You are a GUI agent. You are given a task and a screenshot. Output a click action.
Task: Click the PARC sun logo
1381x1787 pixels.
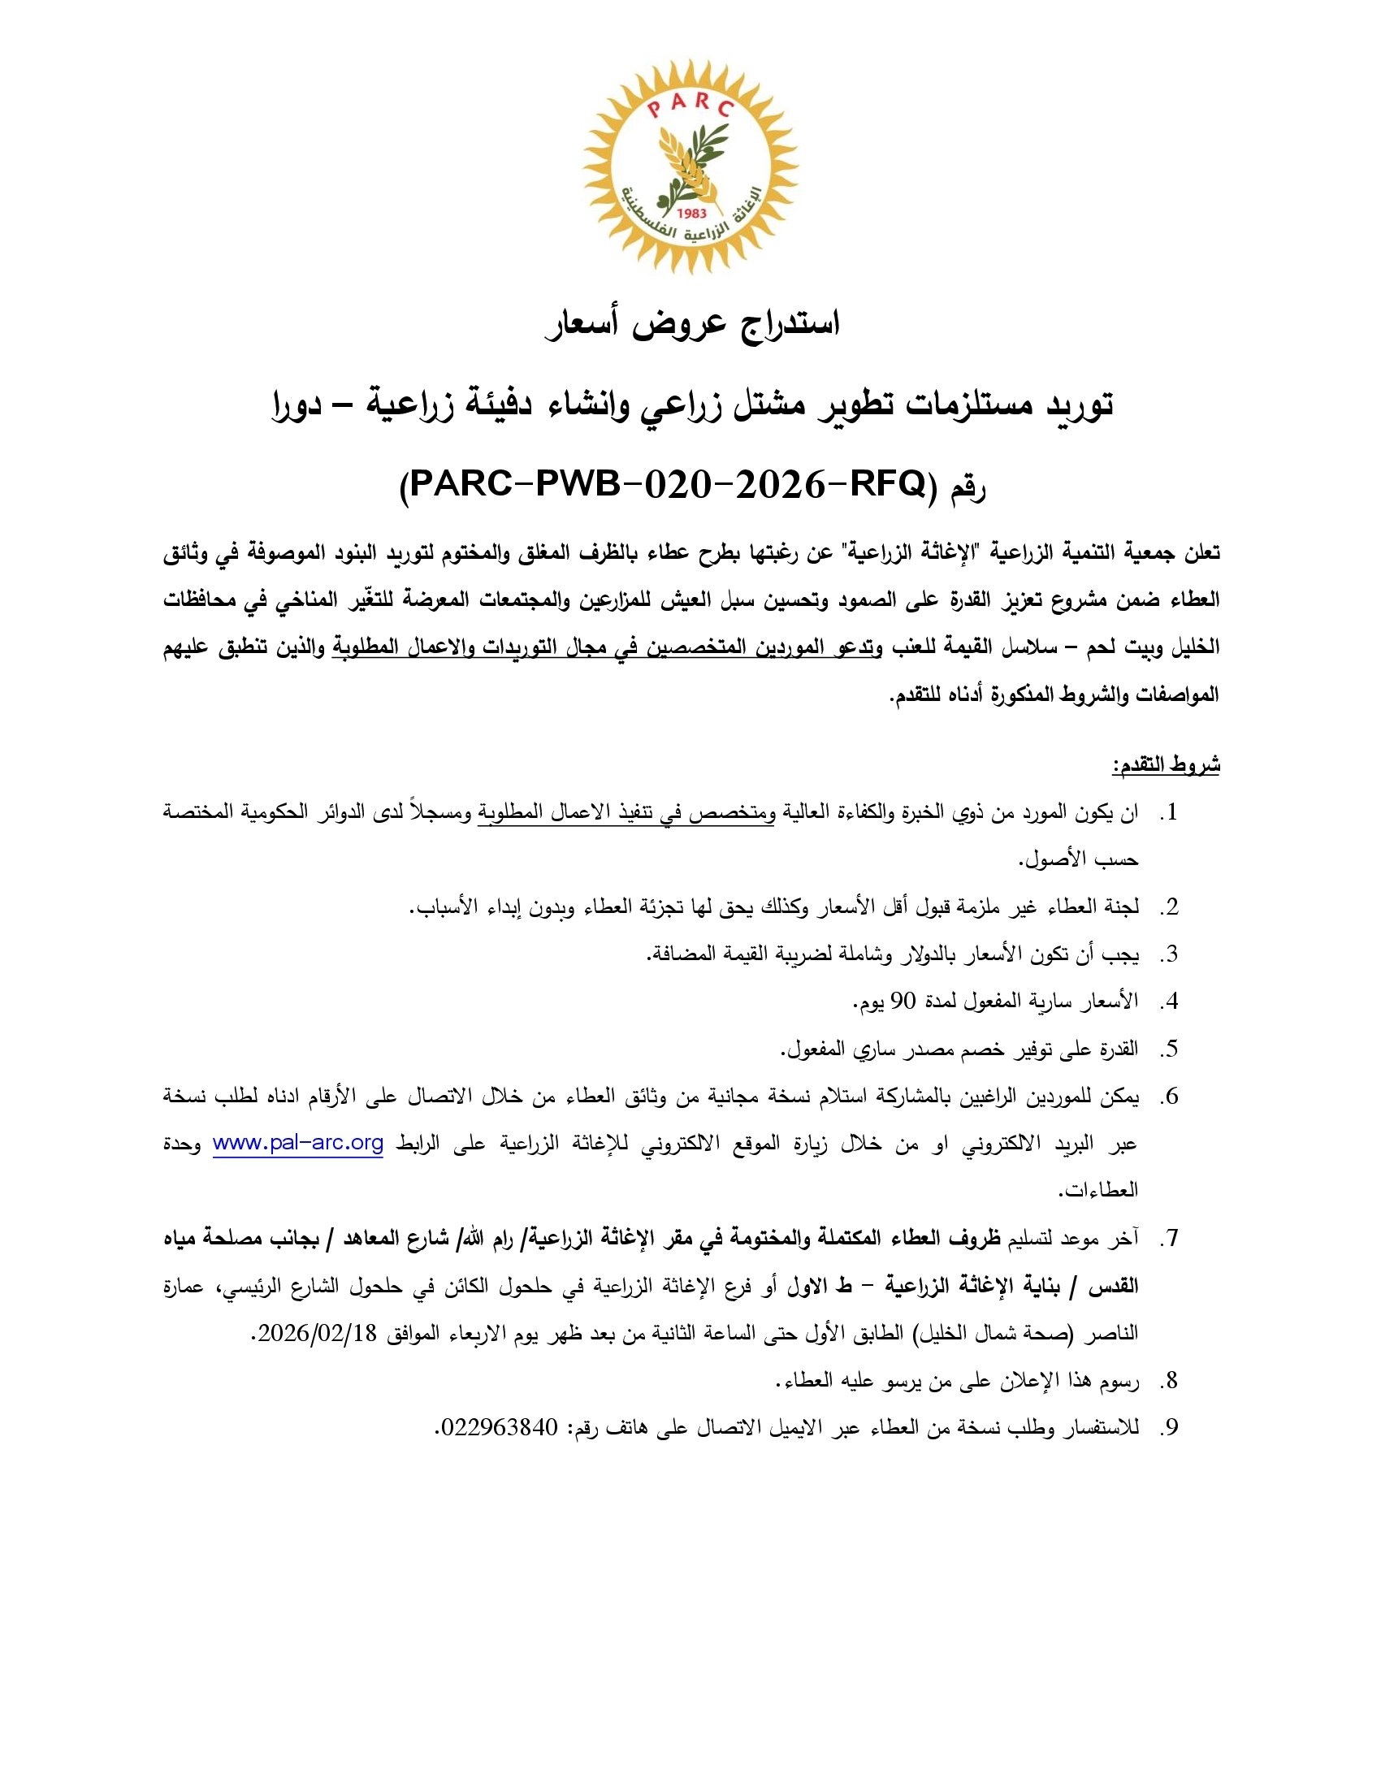pos(690,166)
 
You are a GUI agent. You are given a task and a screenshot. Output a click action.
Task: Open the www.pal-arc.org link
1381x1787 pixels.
pos(298,1143)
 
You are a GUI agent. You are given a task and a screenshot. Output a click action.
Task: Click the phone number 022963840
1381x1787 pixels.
pos(498,1428)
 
